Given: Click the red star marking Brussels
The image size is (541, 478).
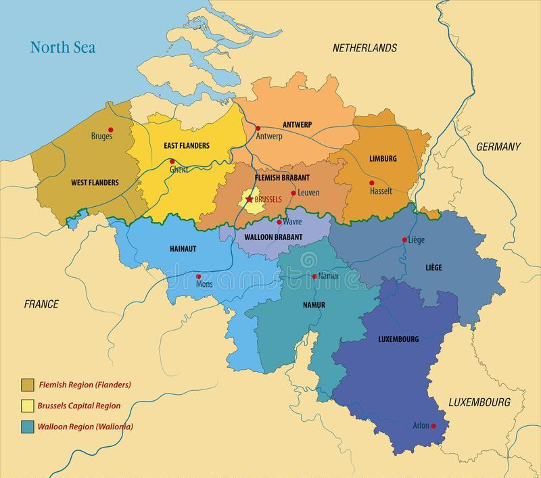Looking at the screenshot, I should pos(249,200).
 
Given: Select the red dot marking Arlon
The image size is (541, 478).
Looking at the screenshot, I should pos(433,425).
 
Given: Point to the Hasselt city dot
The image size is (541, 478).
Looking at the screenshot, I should pos(371,183).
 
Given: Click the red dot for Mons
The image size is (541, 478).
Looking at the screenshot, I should pos(198,276).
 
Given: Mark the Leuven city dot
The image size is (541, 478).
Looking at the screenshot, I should pos(293,193).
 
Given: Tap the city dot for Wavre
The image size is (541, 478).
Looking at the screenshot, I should pos(279,222).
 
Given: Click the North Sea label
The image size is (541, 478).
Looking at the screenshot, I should pos(62,47).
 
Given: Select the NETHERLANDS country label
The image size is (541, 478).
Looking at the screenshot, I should pos(364,48).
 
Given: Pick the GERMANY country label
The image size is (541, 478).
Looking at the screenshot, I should pos(498,147).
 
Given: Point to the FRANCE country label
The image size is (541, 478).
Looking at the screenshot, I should pos(42,304).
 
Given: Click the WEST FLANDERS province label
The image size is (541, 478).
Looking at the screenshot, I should pos(95,183).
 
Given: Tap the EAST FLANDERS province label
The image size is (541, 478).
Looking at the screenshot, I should pos(187,145).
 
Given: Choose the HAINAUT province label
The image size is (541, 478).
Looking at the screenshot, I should pos(182,249).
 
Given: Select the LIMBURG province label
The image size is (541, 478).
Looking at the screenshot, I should pos(383,159).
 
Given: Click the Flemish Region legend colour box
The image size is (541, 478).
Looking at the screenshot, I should pos(28,385).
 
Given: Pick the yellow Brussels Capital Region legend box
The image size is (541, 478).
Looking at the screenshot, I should pos(28,406).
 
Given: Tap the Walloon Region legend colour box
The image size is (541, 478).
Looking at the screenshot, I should pos(28,427).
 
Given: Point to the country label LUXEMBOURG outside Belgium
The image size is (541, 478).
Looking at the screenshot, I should pos(479,402).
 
